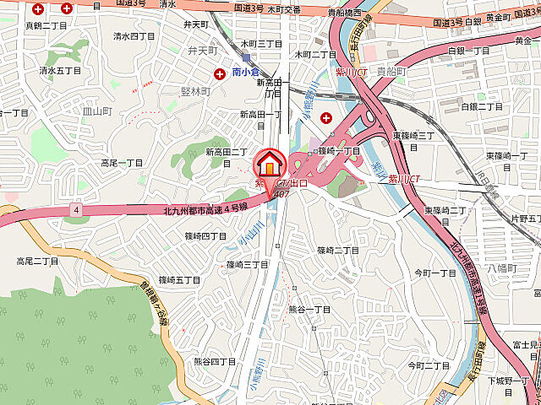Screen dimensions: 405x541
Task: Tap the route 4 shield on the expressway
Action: (x=76, y=208)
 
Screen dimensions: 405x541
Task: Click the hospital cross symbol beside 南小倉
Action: (x=221, y=74)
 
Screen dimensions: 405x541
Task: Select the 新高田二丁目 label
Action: (x=227, y=152)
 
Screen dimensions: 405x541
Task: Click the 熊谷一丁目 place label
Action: (x=309, y=310)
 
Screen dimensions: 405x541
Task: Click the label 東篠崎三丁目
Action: (x=413, y=135)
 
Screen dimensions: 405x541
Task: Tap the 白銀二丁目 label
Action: (x=482, y=106)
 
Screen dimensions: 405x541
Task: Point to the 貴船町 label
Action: (x=391, y=72)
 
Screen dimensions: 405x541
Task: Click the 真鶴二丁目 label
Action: (x=45, y=26)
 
